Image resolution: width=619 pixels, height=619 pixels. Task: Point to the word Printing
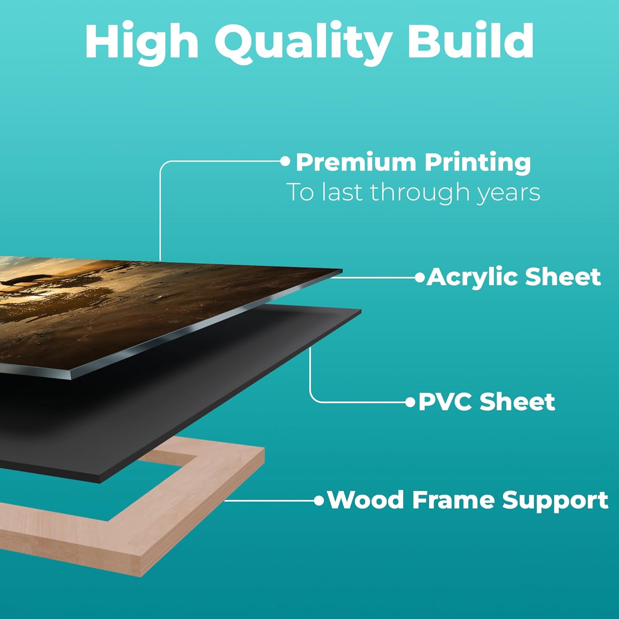tap(478, 163)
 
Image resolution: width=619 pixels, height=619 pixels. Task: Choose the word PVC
tap(445, 402)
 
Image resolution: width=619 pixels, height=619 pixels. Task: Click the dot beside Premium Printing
tap(285, 161)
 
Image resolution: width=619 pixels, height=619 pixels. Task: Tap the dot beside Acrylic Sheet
tap(420, 277)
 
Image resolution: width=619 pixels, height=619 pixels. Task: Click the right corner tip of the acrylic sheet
tap(342, 271)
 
